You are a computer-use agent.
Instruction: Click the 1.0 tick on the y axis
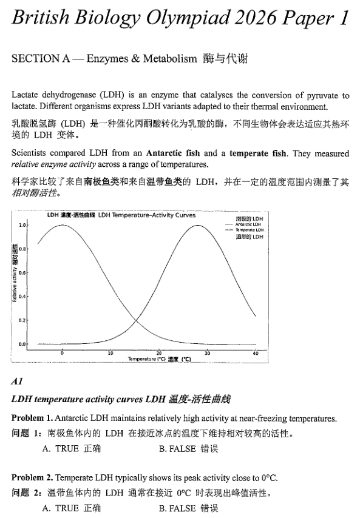click(x=23, y=225)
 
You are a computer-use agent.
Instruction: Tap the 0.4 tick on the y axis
click(x=23, y=297)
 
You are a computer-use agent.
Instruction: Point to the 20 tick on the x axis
click(x=159, y=352)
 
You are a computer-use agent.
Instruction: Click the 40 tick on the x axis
click(x=256, y=352)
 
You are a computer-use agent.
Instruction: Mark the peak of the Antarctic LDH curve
click(x=62, y=225)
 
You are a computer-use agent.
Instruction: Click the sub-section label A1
click(x=17, y=382)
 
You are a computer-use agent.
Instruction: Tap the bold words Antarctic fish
click(x=174, y=153)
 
